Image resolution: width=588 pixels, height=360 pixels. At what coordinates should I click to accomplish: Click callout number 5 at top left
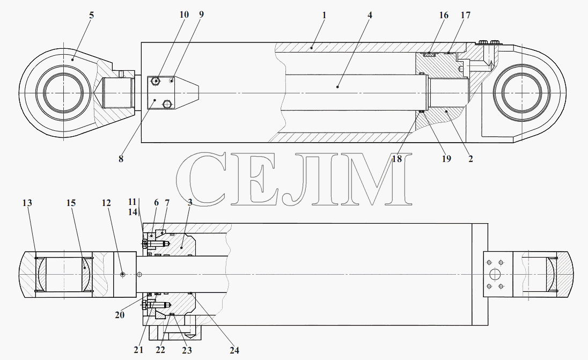[92, 16]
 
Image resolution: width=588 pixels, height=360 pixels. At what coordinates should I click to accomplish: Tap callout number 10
[183, 14]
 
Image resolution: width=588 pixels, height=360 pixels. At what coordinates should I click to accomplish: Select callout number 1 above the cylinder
[324, 16]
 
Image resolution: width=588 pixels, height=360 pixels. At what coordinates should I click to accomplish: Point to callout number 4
[370, 16]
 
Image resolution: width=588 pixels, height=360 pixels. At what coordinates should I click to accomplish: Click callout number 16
[444, 16]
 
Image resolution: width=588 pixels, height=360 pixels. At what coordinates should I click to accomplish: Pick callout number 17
[465, 16]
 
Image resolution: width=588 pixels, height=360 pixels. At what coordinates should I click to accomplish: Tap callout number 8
[121, 159]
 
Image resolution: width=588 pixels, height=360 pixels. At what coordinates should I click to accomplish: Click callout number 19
[446, 159]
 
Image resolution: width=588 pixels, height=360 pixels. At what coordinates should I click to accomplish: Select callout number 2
[471, 159]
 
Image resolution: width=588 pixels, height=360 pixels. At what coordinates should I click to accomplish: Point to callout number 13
[27, 203]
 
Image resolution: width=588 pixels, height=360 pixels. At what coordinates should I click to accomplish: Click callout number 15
[71, 203]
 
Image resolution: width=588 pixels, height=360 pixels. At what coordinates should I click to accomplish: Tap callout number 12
[106, 203]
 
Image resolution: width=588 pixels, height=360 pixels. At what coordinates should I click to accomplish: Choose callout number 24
[234, 350]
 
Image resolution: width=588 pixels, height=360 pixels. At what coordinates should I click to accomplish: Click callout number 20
[120, 315]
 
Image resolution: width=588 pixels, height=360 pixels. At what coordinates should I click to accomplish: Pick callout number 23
[187, 350]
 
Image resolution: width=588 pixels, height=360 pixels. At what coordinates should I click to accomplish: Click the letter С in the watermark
[201, 179]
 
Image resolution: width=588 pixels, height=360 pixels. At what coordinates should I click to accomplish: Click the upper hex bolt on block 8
[155, 80]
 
